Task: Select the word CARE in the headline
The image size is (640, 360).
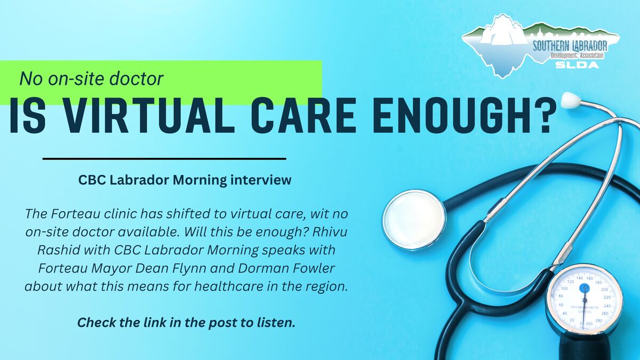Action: pyautogui.click(x=303, y=116)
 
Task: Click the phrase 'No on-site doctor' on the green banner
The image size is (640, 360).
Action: pyautogui.click(x=91, y=78)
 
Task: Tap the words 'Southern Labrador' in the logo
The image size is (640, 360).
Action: pyautogui.click(x=570, y=46)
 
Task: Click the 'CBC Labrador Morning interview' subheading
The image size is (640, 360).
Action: pyautogui.click(x=185, y=180)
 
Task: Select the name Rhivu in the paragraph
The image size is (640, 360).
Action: pyautogui.click(x=330, y=231)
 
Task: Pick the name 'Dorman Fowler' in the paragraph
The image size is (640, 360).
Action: pyautogui.click(x=286, y=268)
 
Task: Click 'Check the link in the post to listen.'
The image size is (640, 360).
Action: pyautogui.click(x=186, y=323)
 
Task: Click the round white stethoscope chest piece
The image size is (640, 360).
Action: pyautogui.click(x=414, y=219)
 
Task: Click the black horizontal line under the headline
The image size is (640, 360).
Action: pyautogui.click(x=164, y=158)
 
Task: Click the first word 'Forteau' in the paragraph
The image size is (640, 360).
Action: pyautogui.click(x=75, y=214)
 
